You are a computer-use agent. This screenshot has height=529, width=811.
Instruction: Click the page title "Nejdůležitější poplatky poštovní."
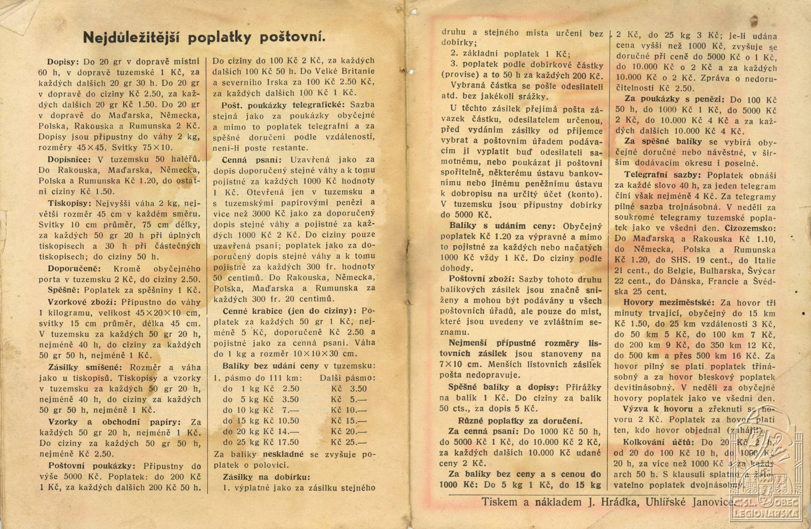[204, 37]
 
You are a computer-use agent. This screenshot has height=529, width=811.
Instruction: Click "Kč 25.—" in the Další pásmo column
[348, 442]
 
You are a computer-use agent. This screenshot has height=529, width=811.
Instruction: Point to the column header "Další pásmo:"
[348, 378]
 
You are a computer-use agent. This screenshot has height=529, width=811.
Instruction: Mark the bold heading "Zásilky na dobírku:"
[266, 477]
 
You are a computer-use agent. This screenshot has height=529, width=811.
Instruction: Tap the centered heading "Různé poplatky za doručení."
[520, 420]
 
